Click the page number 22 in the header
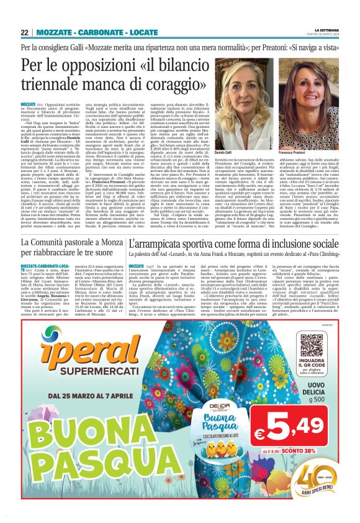25,32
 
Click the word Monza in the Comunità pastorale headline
101,243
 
